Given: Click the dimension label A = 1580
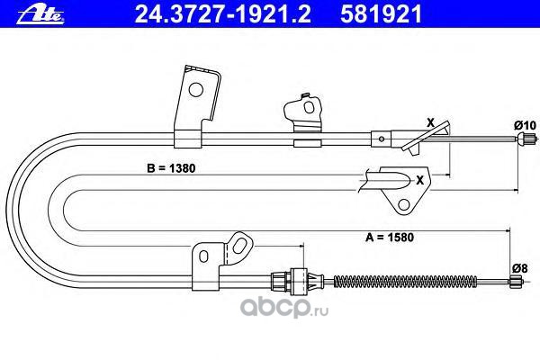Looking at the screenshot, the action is click(x=390, y=238).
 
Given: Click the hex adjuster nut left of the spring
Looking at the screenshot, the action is click(x=298, y=280).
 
